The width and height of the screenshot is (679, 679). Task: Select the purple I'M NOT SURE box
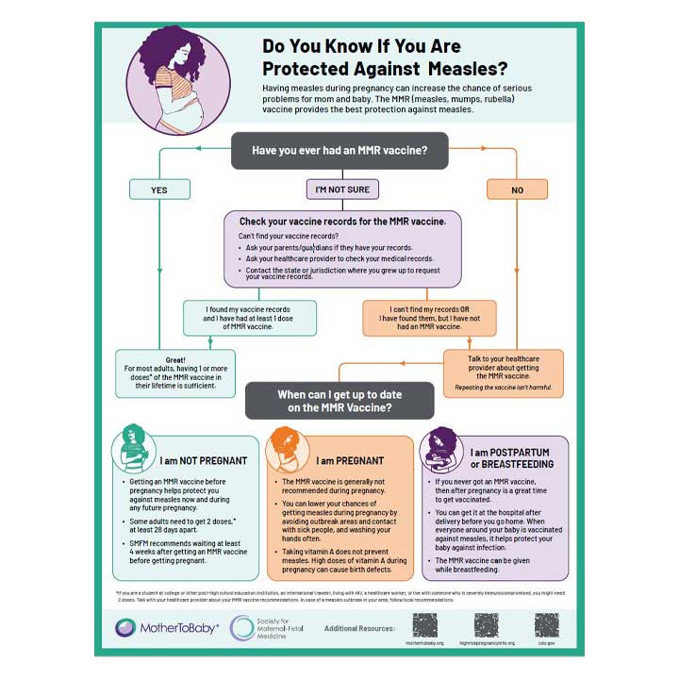tap(342, 190)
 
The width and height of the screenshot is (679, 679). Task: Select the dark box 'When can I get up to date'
tap(339, 402)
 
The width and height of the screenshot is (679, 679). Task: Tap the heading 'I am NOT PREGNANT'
tap(203, 461)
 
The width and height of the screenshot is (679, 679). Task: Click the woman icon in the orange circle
tap(289, 448)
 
